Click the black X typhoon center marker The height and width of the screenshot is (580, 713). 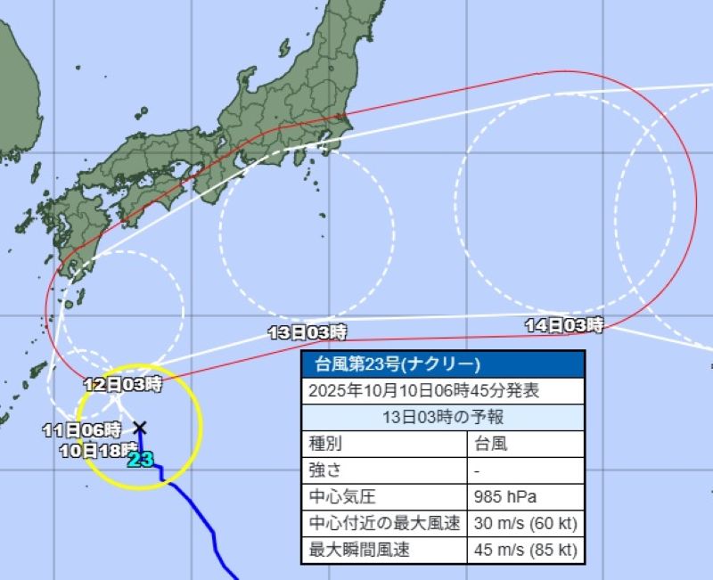(x=139, y=428)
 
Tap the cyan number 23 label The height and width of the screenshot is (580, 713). (x=140, y=460)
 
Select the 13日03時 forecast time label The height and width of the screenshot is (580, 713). (x=307, y=333)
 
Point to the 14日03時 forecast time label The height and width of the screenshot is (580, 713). (x=563, y=326)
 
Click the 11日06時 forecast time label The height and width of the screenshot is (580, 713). (x=81, y=429)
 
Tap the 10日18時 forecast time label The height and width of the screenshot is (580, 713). (x=98, y=449)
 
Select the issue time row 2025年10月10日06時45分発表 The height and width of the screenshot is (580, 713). (x=423, y=391)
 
